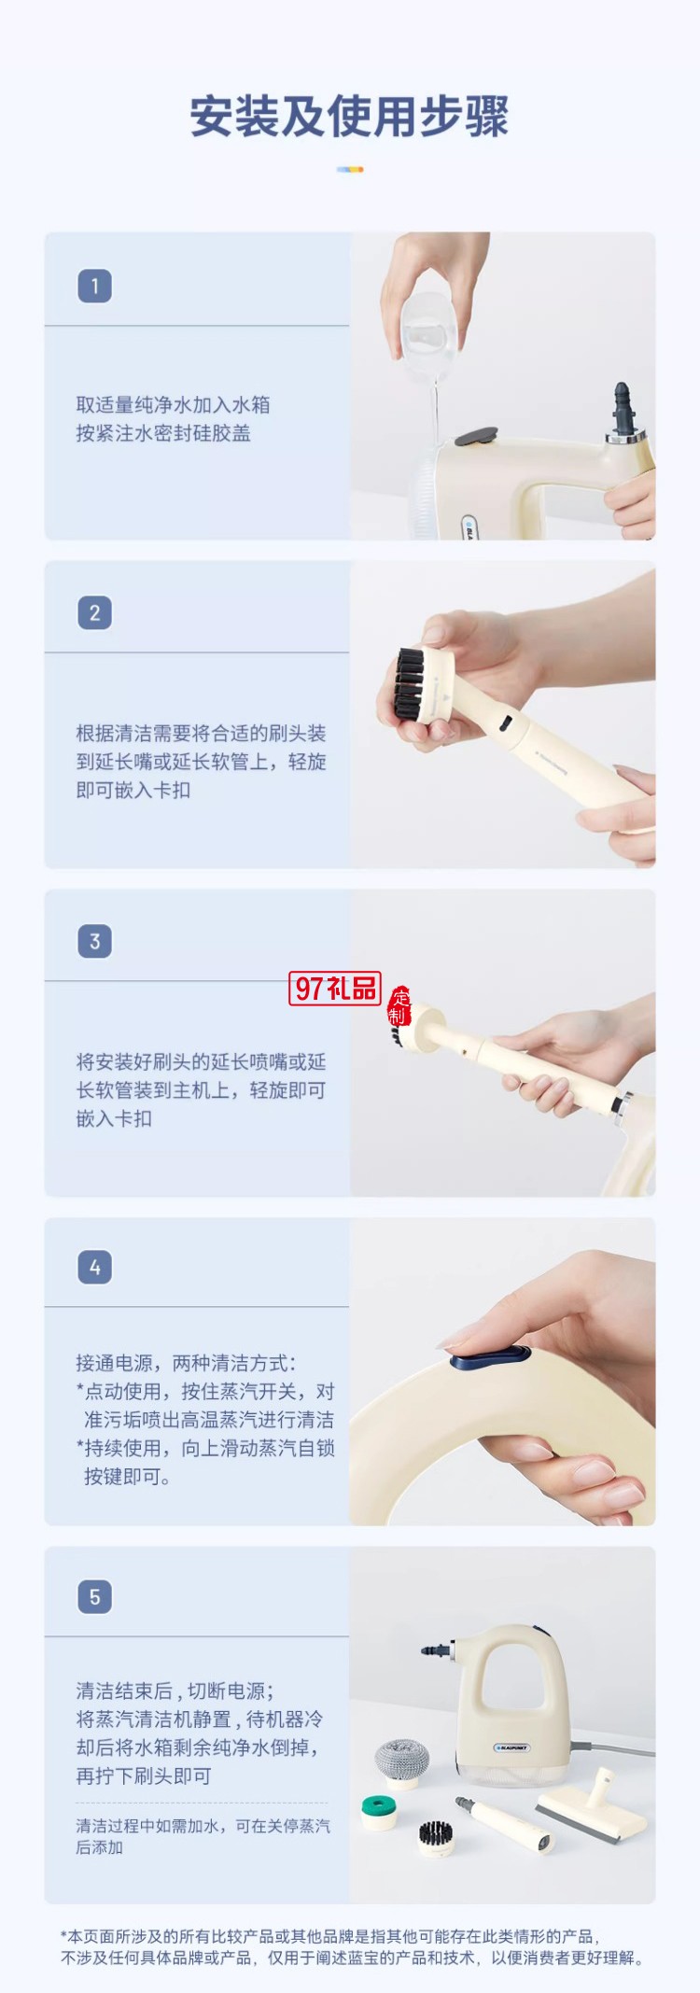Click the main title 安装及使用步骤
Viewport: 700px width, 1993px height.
pos(349,118)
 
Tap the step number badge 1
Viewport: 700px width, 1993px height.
pos(94,286)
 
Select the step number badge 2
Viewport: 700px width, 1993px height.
pos(94,613)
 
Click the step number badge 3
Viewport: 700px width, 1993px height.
pos(94,941)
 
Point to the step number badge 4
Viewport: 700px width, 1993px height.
pos(94,1268)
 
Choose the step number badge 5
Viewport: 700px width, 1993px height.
pos(94,1596)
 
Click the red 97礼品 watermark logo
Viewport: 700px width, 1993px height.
pos(335,988)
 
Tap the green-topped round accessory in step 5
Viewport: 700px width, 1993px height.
pos(380,1811)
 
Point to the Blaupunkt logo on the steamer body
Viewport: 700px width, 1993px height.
pos(511,1747)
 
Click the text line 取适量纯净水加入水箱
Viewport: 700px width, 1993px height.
pos(173,404)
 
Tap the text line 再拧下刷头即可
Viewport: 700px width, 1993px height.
pos(144,1775)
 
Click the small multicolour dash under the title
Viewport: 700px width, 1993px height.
pos(350,169)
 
